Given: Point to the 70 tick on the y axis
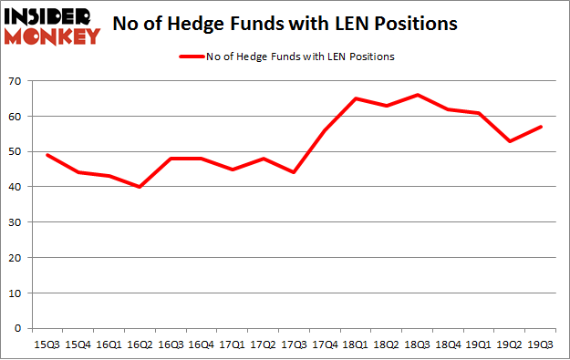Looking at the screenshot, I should click(16, 81).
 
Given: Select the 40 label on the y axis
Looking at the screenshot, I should click(16, 187).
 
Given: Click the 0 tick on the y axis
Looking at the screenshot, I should click(19, 328).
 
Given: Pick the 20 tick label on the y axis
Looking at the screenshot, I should click(16, 258).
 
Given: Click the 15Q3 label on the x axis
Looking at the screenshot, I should click(47, 345).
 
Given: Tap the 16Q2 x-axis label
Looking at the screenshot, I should click(139, 345).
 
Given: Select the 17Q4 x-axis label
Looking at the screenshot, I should click(326, 345).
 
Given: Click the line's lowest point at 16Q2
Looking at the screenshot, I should click(139, 187).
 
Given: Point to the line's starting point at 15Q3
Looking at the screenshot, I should click(47, 155).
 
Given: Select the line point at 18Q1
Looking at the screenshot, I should click(357, 98).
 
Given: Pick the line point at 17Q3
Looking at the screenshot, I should click(295, 172).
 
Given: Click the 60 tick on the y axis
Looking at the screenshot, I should click(16, 117).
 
